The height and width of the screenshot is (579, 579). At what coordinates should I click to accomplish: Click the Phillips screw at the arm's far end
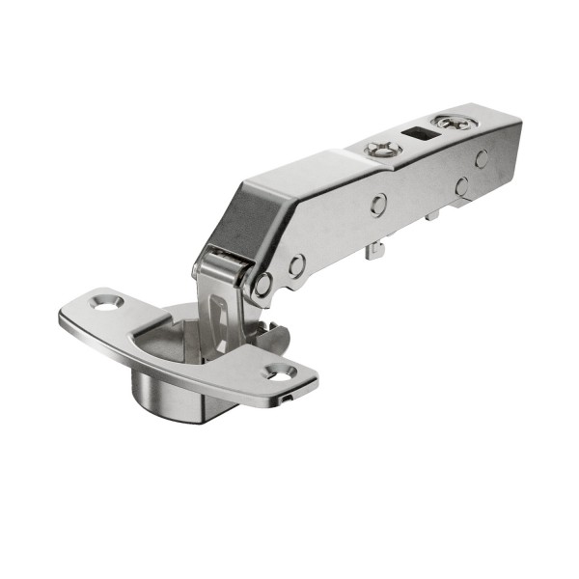coord(449,123)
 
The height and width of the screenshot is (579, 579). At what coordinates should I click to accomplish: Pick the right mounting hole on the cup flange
coord(281,371)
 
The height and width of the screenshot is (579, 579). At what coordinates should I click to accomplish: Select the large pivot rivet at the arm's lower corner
coord(262,284)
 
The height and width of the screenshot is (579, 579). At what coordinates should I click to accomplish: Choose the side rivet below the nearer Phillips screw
coord(378,203)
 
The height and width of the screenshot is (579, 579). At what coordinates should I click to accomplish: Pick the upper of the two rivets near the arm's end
coord(481,158)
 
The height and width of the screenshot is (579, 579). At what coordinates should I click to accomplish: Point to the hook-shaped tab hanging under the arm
coord(375,250)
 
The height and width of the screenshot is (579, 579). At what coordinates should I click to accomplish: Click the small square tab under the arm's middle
coord(431,214)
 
